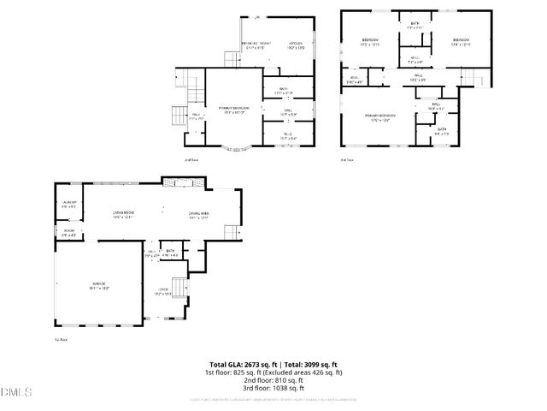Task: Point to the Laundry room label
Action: [x=68, y=204]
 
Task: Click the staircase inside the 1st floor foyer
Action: [x=179, y=287]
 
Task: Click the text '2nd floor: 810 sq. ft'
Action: [x=273, y=381]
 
